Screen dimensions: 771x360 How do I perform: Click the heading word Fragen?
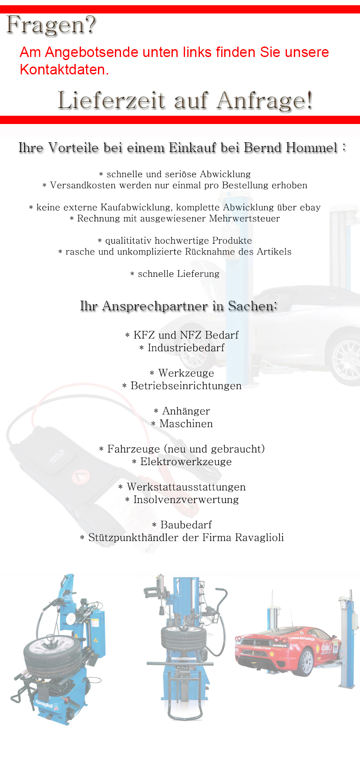click(x=51, y=25)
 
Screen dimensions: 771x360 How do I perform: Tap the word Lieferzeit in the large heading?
click(x=111, y=101)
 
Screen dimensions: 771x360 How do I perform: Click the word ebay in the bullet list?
click(x=310, y=208)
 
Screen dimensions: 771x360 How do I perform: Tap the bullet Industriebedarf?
click(x=186, y=348)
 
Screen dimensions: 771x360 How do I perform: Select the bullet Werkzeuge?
click(x=186, y=373)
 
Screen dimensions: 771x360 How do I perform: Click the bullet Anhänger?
click(x=186, y=411)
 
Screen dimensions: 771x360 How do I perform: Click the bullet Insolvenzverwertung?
click(x=186, y=499)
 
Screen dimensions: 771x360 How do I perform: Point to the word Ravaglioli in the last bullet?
click(x=259, y=538)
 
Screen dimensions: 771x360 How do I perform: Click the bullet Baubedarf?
click(x=186, y=525)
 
